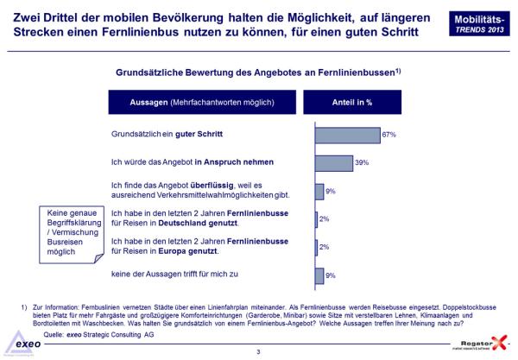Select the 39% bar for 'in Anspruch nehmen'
click(x=334, y=163)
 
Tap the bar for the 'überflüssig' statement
click(x=319, y=191)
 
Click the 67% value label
click(x=388, y=136)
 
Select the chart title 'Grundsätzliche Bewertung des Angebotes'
click(x=255, y=73)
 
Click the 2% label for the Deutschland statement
click(x=325, y=219)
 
